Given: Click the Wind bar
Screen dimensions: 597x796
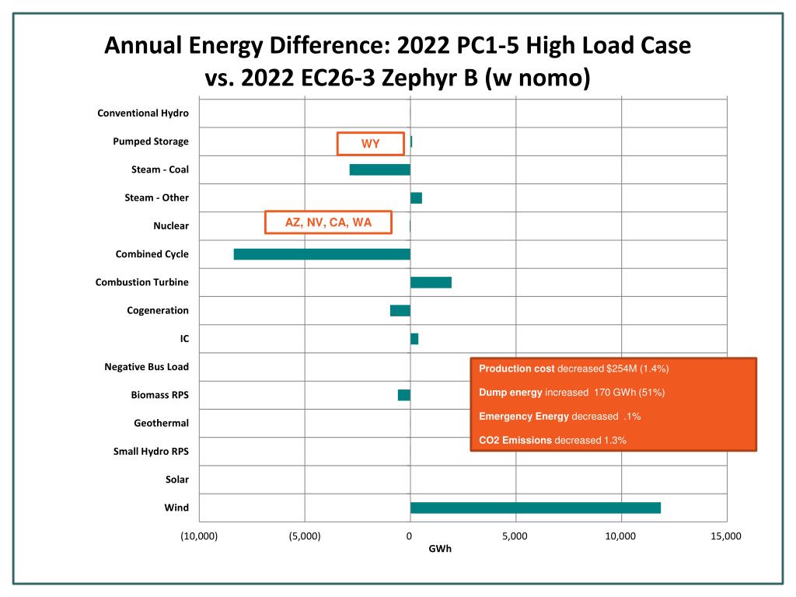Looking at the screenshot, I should [x=535, y=508].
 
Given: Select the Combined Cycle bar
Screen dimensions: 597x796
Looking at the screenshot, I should [x=322, y=254].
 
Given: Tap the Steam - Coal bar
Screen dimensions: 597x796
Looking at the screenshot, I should [x=379, y=169].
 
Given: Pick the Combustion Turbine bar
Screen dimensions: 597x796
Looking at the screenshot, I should [x=431, y=282].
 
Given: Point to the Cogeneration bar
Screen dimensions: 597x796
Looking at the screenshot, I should [x=400, y=310].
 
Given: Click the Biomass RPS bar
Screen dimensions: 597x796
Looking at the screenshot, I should [x=403, y=395].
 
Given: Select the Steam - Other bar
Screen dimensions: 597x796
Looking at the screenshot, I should [x=416, y=197].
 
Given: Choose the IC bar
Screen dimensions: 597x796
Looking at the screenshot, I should [x=414, y=339].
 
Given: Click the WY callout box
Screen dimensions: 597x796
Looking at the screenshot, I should [x=370, y=144].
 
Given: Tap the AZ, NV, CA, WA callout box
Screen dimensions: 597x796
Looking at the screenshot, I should [x=328, y=222].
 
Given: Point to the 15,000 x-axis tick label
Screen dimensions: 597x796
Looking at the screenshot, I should [x=726, y=536].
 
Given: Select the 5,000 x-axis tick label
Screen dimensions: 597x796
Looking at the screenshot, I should [x=515, y=536].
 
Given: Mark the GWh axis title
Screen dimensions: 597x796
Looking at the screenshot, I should [x=440, y=549].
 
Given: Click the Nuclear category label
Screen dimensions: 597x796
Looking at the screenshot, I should [x=171, y=226].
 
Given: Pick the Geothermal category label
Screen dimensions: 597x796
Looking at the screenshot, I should [x=161, y=424].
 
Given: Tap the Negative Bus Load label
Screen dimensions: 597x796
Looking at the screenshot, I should [x=146, y=367].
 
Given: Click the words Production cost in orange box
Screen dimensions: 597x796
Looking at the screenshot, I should [x=516, y=368].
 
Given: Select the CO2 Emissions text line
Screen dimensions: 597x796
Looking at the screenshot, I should [x=552, y=440].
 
